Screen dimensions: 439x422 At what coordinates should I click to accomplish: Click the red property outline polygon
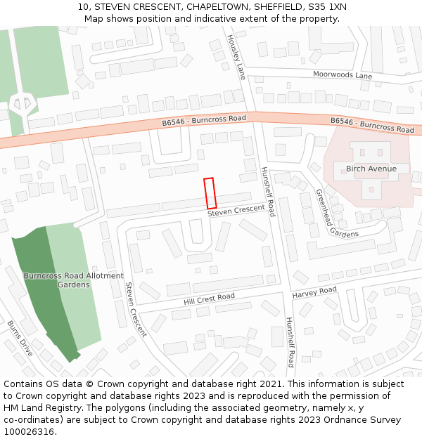click(x=210, y=193)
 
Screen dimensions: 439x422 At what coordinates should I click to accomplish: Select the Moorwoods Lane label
click(x=343, y=75)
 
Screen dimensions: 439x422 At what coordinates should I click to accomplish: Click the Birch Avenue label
click(x=371, y=169)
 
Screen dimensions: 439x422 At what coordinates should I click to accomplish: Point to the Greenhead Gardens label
click(x=337, y=214)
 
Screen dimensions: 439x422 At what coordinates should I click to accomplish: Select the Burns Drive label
click(x=20, y=339)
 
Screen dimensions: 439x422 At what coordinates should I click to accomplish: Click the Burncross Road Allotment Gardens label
click(x=73, y=280)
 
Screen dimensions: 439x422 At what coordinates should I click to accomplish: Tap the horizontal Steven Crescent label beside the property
click(x=236, y=209)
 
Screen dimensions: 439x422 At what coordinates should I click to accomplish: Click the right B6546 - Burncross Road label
click(x=372, y=125)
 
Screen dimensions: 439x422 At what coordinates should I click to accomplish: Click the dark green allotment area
click(x=46, y=295)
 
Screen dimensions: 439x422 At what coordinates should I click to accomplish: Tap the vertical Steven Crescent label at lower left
click(x=136, y=310)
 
